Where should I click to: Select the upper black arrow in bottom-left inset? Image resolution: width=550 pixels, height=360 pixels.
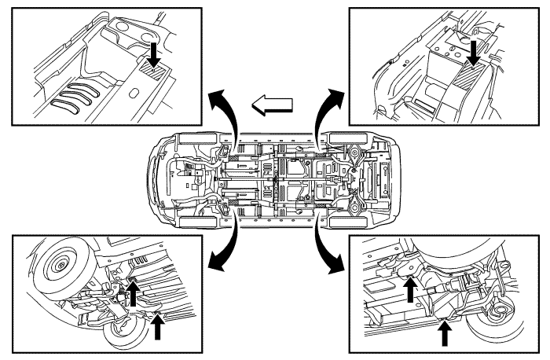[x=133, y=292]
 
